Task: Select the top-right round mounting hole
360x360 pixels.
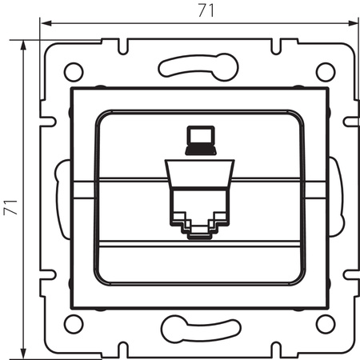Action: click(324, 70)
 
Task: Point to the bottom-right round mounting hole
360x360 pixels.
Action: click(324, 323)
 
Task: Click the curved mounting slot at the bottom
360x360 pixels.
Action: click(198, 328)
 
